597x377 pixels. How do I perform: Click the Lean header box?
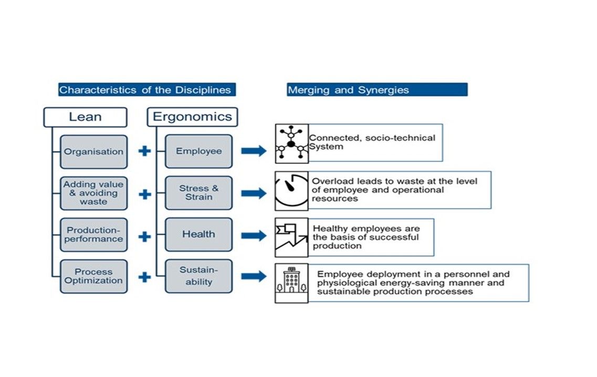pos(85,117)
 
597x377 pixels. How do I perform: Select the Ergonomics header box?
pos(192,117)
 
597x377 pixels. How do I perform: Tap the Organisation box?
pos(93,152)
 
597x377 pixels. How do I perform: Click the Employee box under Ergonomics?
pos(198,151)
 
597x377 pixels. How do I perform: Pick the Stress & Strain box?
pos(198,193)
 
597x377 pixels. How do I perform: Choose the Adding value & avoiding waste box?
pos(93,193)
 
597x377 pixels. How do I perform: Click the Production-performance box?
pos(93,235)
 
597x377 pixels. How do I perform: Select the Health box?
pos(198,234)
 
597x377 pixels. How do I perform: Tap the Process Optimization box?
pos(93,276)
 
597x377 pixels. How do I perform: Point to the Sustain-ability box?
pos(198,276)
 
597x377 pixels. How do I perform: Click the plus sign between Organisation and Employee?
pos(144,152)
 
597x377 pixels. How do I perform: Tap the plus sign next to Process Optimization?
pos(144,276)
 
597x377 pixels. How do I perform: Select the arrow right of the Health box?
pos(254,235)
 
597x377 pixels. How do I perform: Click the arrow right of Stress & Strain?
pos(254,193)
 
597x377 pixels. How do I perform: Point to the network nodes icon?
pos(291,144)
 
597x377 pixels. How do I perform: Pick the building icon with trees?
pos(291,283)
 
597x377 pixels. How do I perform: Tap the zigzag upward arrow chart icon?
pos(291,238)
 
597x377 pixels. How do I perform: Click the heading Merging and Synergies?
pos(376,90)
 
